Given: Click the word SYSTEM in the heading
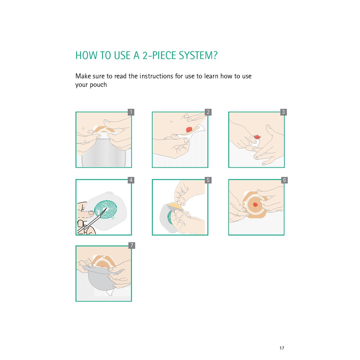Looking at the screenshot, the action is pos(198,56).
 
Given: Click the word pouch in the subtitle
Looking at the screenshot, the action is pos(98,85).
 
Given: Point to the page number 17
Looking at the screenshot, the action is pos(282,348).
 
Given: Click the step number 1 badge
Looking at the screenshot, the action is pos(131,112).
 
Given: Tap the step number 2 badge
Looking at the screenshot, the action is pos(208,112).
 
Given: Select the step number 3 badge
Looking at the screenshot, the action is pos(284,112).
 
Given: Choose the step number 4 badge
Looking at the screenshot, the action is pos(131,180).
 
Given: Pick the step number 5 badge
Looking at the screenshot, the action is pos(208,180).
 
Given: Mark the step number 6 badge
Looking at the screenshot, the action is pos(284,180).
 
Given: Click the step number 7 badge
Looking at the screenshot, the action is pos(131,245).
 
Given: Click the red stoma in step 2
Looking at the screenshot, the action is pos(189,130).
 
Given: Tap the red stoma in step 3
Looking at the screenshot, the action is pos(257,137).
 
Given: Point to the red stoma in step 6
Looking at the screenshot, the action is pos(255,205).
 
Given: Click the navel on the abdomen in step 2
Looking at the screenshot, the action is pos(171,121).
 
